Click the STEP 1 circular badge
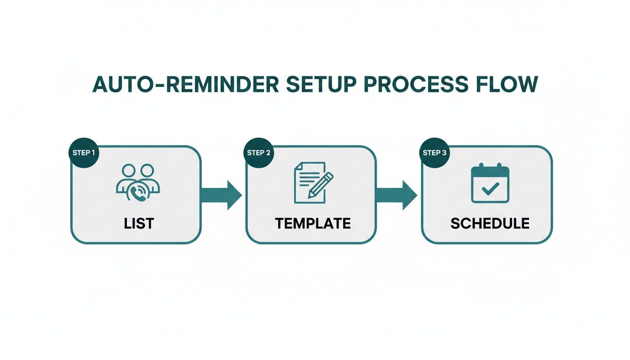click(x=84, y=153)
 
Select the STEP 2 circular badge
click(x=259, y=153)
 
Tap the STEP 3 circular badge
click(x=434, y=153)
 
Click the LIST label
click(x=139, y=224)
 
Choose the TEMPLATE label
click(x=313, y=224)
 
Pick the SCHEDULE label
click(x=490, y=224)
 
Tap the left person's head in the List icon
click(x=128, y=171)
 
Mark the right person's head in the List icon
click(x=147, y=171)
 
